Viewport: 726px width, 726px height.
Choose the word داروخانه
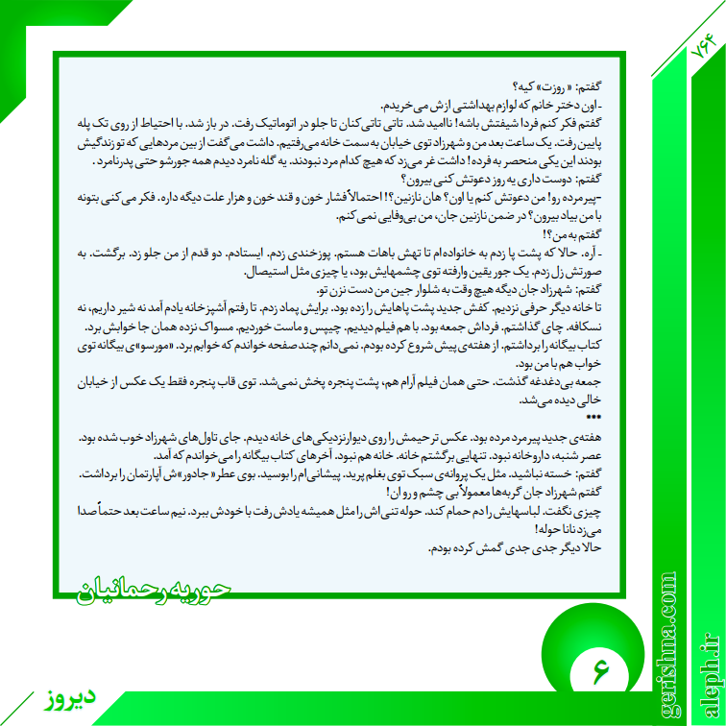click(543, 454)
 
